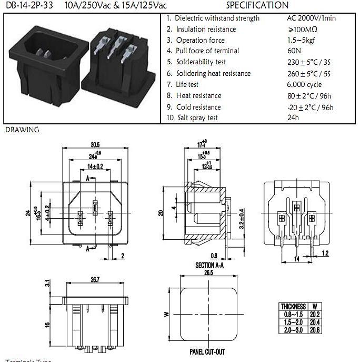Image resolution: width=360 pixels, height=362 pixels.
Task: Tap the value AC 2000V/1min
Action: coord(312,18)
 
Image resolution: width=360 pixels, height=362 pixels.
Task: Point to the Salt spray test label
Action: coord(197,118)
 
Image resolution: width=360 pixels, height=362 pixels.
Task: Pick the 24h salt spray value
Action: coord(293,118)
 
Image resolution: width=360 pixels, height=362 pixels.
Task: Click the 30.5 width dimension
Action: coord(95,144)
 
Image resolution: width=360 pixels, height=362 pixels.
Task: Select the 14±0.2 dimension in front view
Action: coord(95,167)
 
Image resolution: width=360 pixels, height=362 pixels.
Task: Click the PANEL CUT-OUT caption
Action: coord(207,351)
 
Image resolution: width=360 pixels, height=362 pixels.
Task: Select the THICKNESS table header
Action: coord(294,306)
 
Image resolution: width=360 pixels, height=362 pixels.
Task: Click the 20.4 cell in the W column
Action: coord(315,321)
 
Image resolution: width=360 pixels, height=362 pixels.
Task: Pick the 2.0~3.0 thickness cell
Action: coord(294,329)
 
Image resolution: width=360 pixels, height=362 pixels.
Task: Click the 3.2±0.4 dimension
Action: coord(242,218)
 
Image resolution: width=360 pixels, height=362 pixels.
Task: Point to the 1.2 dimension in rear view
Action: coord(325,253)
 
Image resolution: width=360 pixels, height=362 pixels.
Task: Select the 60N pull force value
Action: coord(293,51)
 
